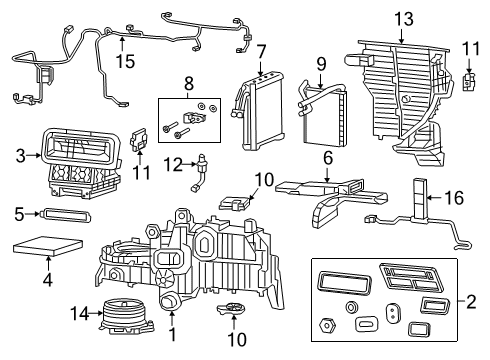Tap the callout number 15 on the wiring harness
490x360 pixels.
pos(123,62)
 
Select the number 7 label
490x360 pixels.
pos(260,52)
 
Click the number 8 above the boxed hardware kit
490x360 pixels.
pos(186,82)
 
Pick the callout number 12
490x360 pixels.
pos(173,164)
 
